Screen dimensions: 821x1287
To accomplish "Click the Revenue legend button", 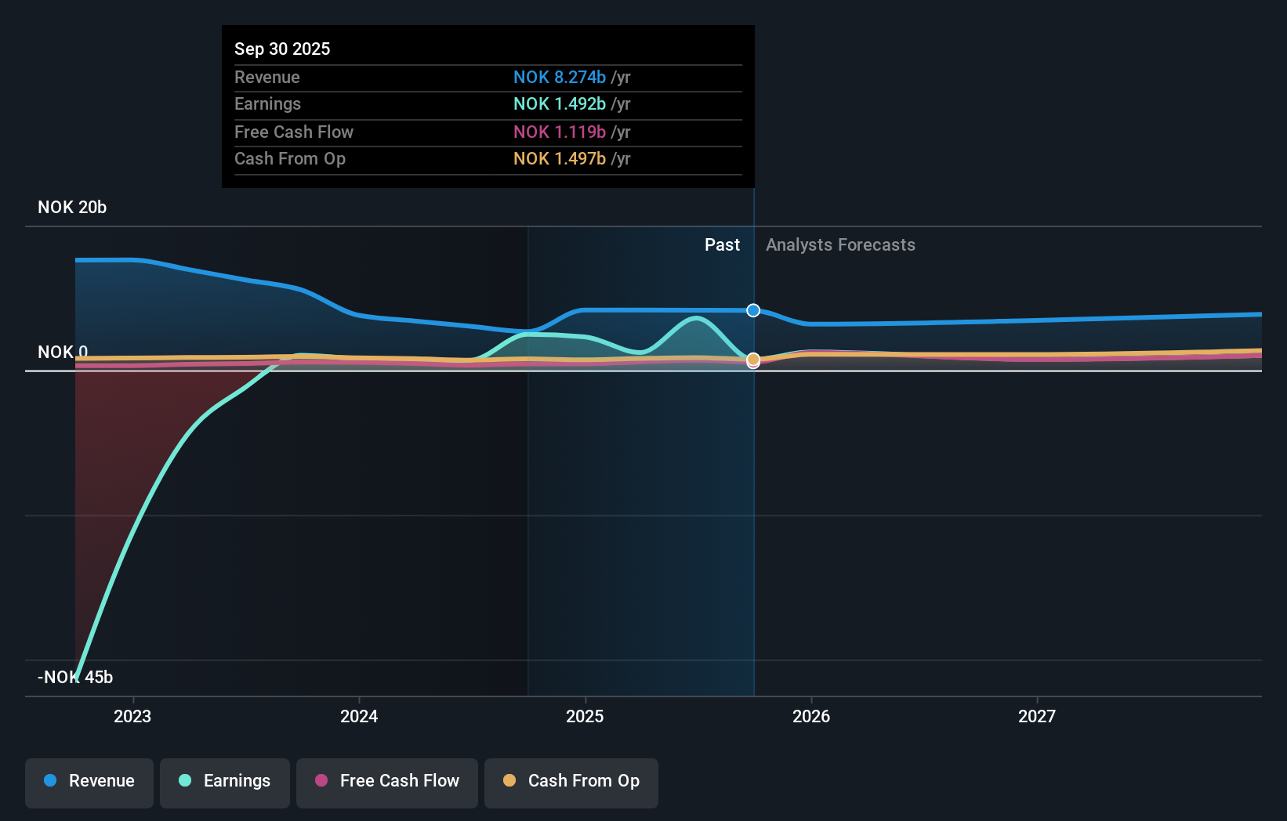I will tap(89, 781).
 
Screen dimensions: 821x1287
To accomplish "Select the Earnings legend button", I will tap(225, 781).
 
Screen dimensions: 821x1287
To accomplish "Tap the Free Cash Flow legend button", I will tap(387, 781).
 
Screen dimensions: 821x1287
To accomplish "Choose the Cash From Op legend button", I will tap(571, 781).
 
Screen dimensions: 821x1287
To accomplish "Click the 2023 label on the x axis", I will tap(132, 716).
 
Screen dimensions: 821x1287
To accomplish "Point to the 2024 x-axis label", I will tap(359, 716).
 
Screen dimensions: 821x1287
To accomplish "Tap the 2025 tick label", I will tap(585, 716).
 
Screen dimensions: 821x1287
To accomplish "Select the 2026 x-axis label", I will tap(811, 716).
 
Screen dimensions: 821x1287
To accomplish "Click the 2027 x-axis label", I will tap(1037, 716).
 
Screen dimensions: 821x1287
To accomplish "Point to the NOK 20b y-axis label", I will tap(72, 208).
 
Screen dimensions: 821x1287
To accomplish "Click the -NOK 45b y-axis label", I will tap(75, 677).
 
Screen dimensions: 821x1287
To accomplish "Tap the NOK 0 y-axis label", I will tap(63, 353).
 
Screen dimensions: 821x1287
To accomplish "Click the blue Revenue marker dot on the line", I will tap(753, 310).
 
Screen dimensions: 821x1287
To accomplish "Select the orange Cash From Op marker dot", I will tap(753, 360).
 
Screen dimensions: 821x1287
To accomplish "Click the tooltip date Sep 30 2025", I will tap(282, 49).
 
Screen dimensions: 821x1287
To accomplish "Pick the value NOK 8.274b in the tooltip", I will tap(560, 77).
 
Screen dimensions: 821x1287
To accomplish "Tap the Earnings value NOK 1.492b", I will tap(560, 104).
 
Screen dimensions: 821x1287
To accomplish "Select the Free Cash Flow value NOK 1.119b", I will tap(560, 132).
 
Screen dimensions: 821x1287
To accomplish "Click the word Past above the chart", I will tap(722, 245).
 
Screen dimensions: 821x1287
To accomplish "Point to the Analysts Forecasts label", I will tap(840, 245).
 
